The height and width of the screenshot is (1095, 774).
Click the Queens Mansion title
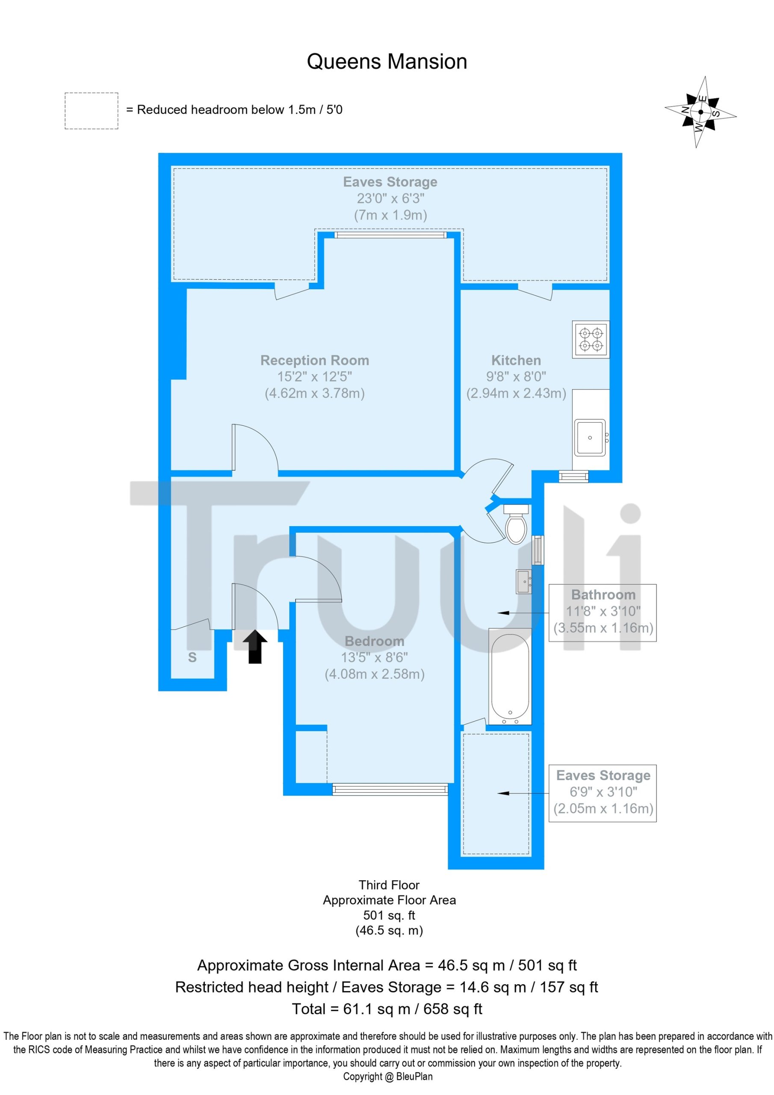pos(387,62)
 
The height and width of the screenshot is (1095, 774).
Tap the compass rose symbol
pos(700,112)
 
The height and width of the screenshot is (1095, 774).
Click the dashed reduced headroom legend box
pos(92,111)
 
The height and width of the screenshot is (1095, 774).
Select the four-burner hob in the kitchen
pos(591,339)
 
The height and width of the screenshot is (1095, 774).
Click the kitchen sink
pos(590,437)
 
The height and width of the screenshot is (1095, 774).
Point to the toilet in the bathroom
pos(516,524)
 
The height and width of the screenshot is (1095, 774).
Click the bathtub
pos(510,677)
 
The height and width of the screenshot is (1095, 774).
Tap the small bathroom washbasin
pos(524,581)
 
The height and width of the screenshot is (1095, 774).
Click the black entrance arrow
pos(255,647)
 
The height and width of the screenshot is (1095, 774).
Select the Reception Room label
pos(315,360)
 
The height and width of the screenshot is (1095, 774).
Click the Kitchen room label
pos(516,360)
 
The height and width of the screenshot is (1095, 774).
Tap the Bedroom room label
pos(374,641)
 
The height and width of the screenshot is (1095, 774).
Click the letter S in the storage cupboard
pos(192,657)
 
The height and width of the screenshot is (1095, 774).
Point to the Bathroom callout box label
pos(603,595)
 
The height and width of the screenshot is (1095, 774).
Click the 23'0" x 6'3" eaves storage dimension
pos(390,198)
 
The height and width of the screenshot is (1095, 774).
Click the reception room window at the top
pos(390,235)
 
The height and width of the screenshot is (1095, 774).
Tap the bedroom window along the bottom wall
pos(390,790)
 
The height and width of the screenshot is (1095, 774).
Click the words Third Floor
pos(389,885)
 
